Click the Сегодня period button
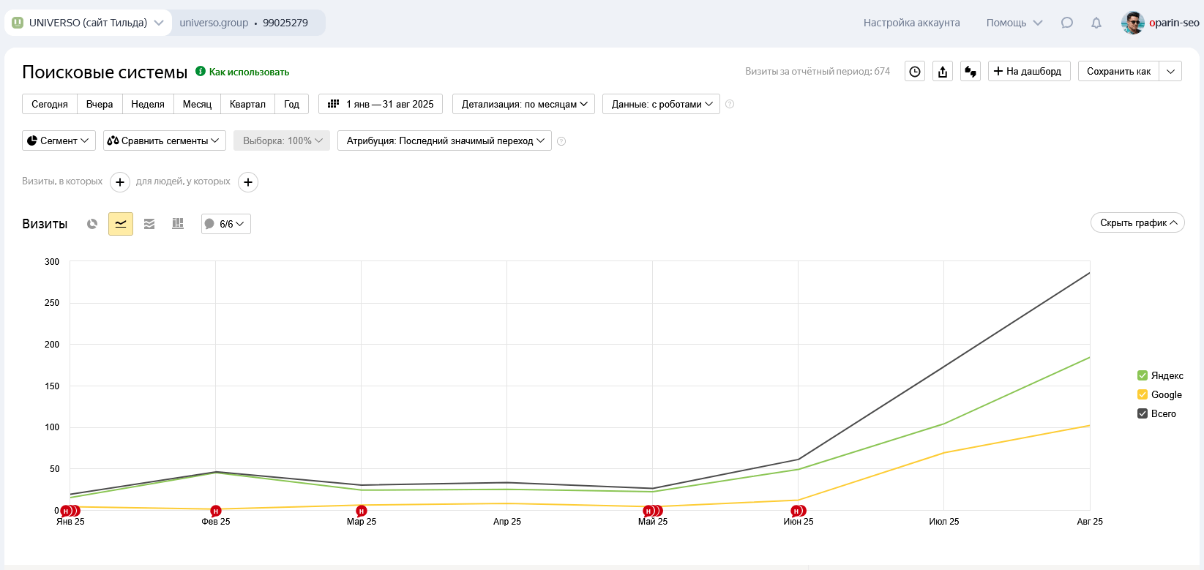50,104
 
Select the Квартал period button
247,104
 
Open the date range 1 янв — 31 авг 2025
381,104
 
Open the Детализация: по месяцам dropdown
523,104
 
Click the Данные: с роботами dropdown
661,104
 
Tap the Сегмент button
59,140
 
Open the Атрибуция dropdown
444,140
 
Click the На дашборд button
1029,71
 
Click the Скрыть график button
1137,223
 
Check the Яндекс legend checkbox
1143,375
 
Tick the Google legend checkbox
1143,394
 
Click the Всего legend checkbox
1143,413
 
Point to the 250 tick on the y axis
52,303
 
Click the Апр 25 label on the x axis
507,522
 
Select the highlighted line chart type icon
121,224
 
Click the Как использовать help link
249,72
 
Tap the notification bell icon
1096,23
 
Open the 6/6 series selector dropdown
226,224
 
